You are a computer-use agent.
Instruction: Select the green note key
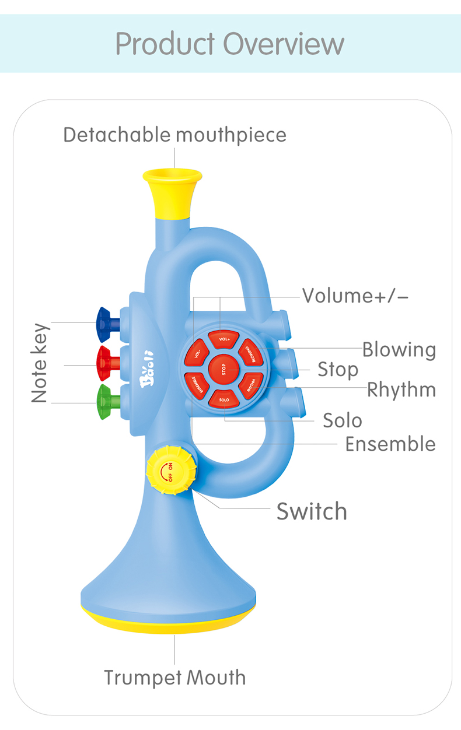(x=106, y=402)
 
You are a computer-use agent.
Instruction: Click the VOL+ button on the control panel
(x=225, y=339)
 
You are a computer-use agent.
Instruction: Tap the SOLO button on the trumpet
(x=225, y=399)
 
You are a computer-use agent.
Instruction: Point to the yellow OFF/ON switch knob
(x=170, y=471)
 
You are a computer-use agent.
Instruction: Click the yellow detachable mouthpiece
(x=173, y=192)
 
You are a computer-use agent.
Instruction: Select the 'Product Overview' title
(x=230, y=44)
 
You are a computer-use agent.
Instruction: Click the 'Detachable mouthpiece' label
(x=175, y=135)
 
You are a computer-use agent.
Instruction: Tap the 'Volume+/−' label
(x=355, y=296)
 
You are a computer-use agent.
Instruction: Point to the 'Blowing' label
(x=399, y=349)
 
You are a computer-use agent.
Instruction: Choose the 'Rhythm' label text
(x=401, y=389)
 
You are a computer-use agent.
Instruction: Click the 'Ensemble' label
(x=390, y=444)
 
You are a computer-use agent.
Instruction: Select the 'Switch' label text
(x=312, y=511)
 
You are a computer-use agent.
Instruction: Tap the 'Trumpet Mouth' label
(x=175, y=678)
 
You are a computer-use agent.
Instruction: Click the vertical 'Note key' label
(x=39, y=362)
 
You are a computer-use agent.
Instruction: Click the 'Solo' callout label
(x=343, y=420)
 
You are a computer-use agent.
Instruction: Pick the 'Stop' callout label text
(x=338, y=369)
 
